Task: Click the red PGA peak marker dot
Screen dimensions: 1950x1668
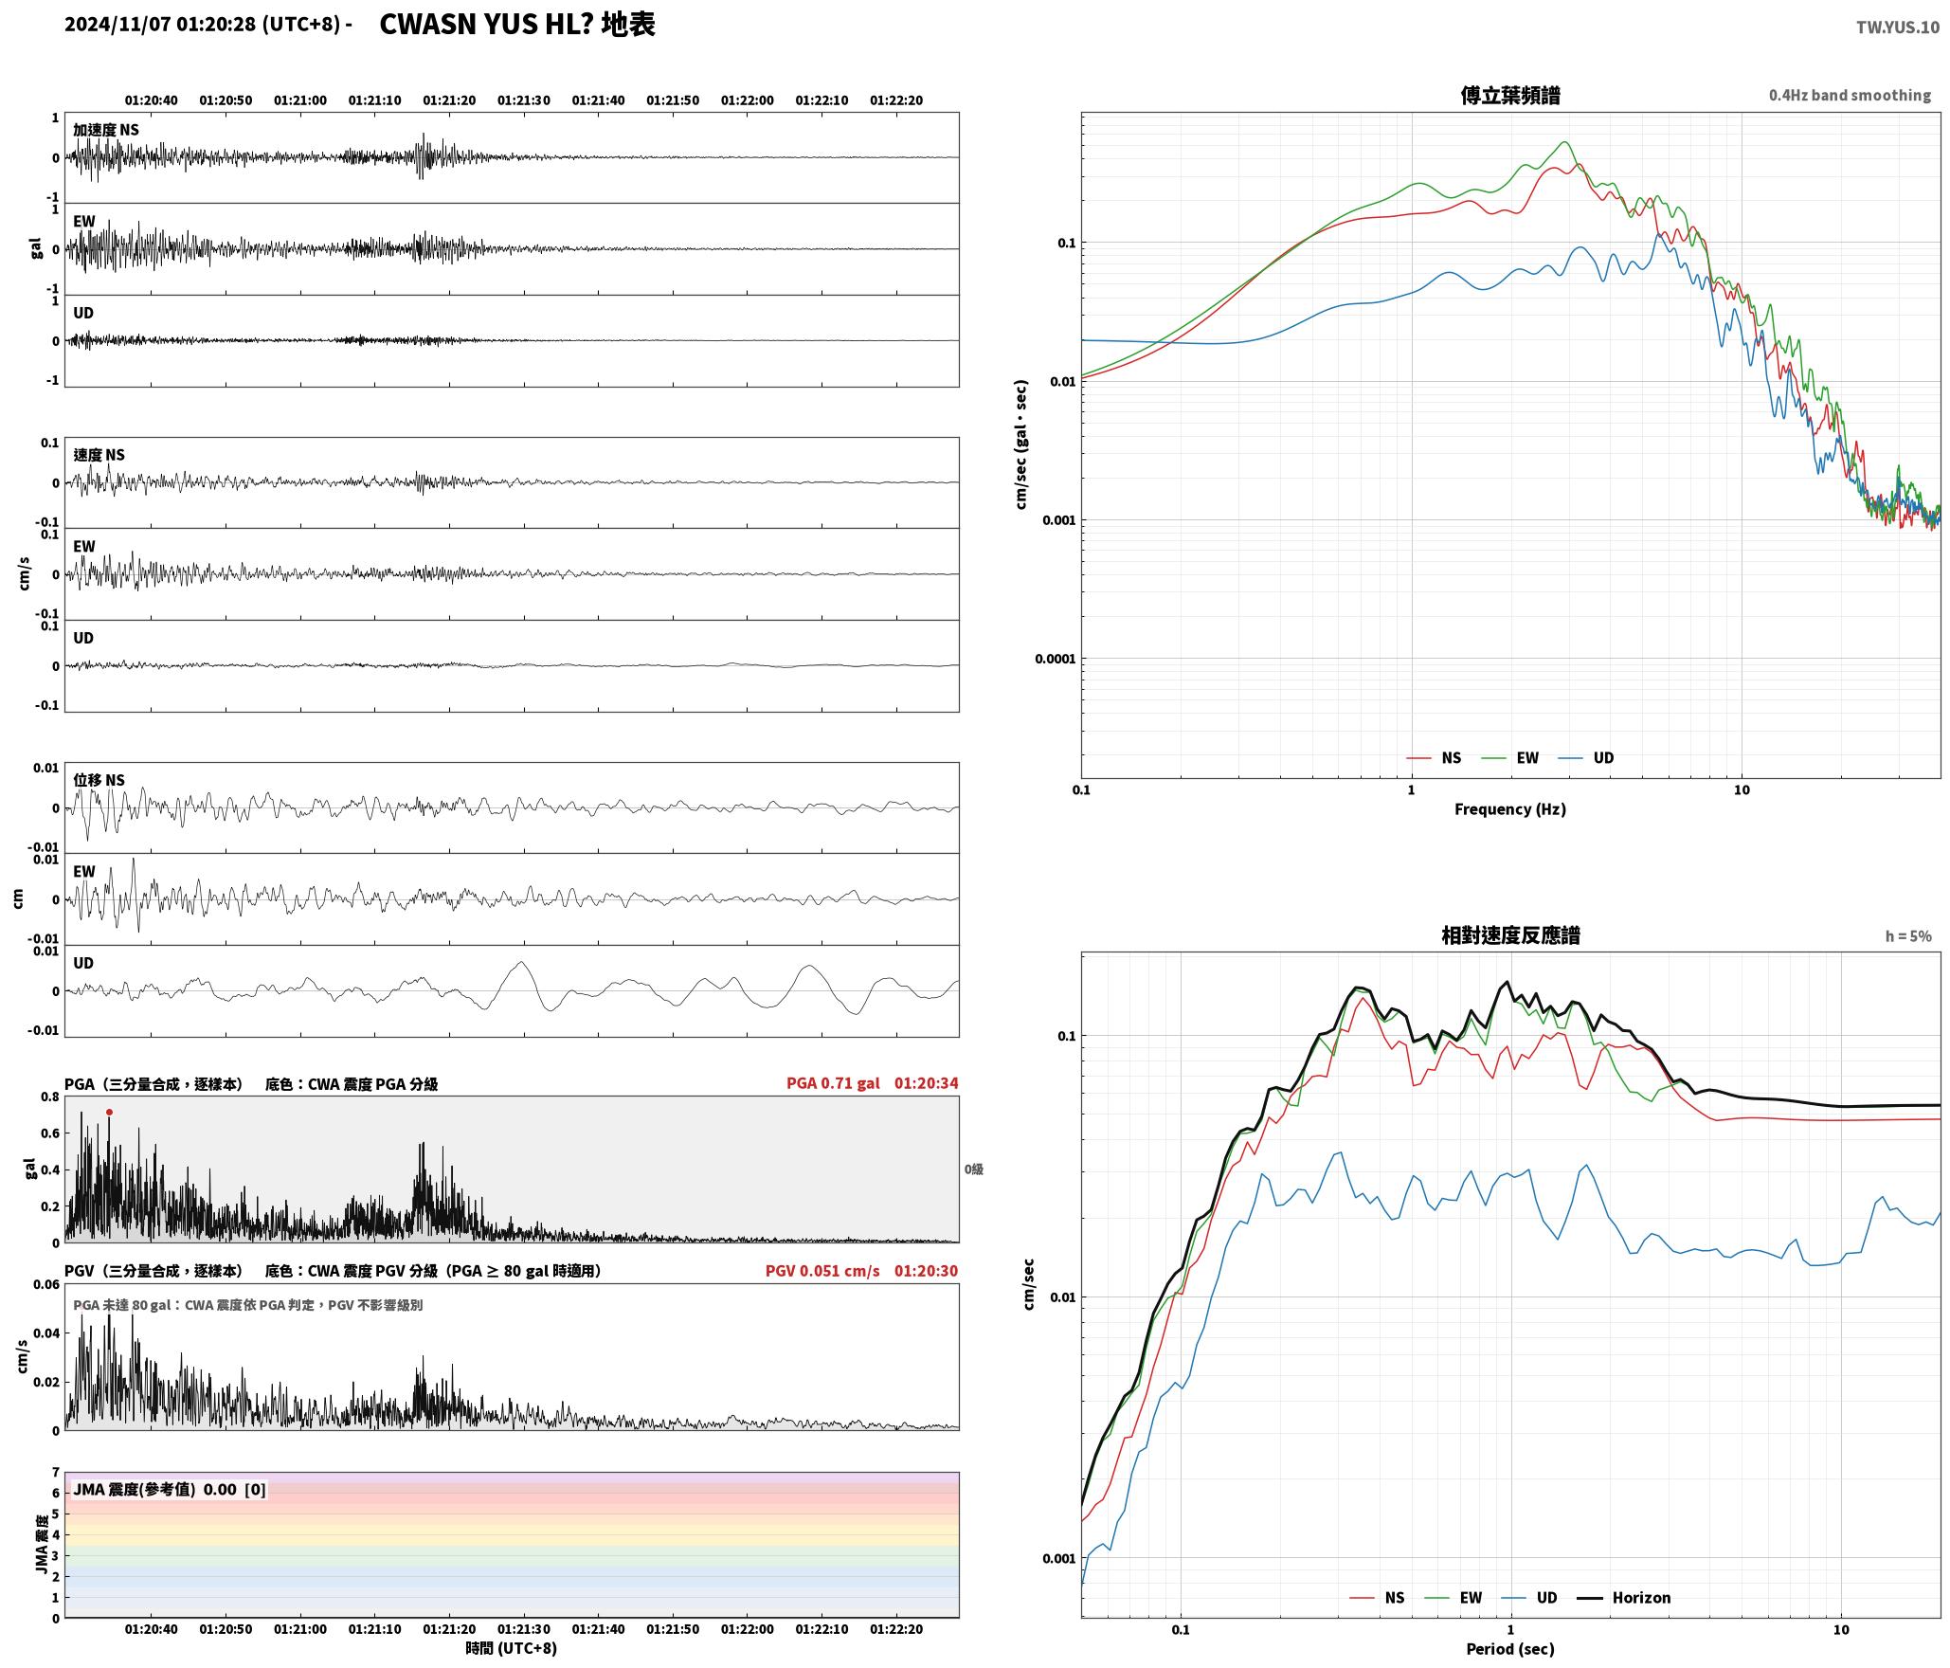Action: coord(110,1112)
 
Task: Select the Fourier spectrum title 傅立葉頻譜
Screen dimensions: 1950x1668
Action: coord(1510,95)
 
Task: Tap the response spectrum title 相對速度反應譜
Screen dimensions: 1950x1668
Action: coord(1510,934)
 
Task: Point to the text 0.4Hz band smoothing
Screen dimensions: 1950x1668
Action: coord(1850,95)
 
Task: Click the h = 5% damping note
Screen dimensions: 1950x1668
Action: coord(1908,936)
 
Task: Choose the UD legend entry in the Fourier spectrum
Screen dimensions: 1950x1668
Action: coord(1586,757)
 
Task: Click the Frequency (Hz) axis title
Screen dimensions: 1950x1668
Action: coord(1510,808)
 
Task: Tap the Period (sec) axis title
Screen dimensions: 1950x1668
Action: coord(1510,1648)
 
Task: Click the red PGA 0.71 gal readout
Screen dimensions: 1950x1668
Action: coord(833,1083)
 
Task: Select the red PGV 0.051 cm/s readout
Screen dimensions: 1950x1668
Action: coord(822,1271)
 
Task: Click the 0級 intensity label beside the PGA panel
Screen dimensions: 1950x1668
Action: coord(974,1169)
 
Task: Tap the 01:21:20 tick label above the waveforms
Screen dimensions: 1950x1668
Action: coord(449,100)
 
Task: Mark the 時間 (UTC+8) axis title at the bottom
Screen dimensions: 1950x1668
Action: coord(511,1648)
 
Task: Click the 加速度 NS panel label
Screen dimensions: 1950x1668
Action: coord(106,130)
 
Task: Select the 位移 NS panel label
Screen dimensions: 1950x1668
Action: coord(99,780)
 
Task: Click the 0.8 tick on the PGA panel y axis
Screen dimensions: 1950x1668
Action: coord(49,1097)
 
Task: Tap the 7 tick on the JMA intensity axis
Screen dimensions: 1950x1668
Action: coord(56,1473)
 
